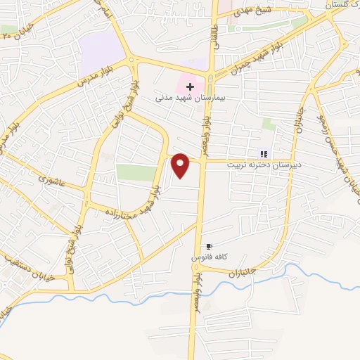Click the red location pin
(181, 165)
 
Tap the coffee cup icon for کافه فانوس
(208, 247)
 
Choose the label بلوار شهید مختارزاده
(134, 204)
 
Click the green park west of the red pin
(136, 172)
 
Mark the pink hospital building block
(188, 76)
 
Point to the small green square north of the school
(269, 124)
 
